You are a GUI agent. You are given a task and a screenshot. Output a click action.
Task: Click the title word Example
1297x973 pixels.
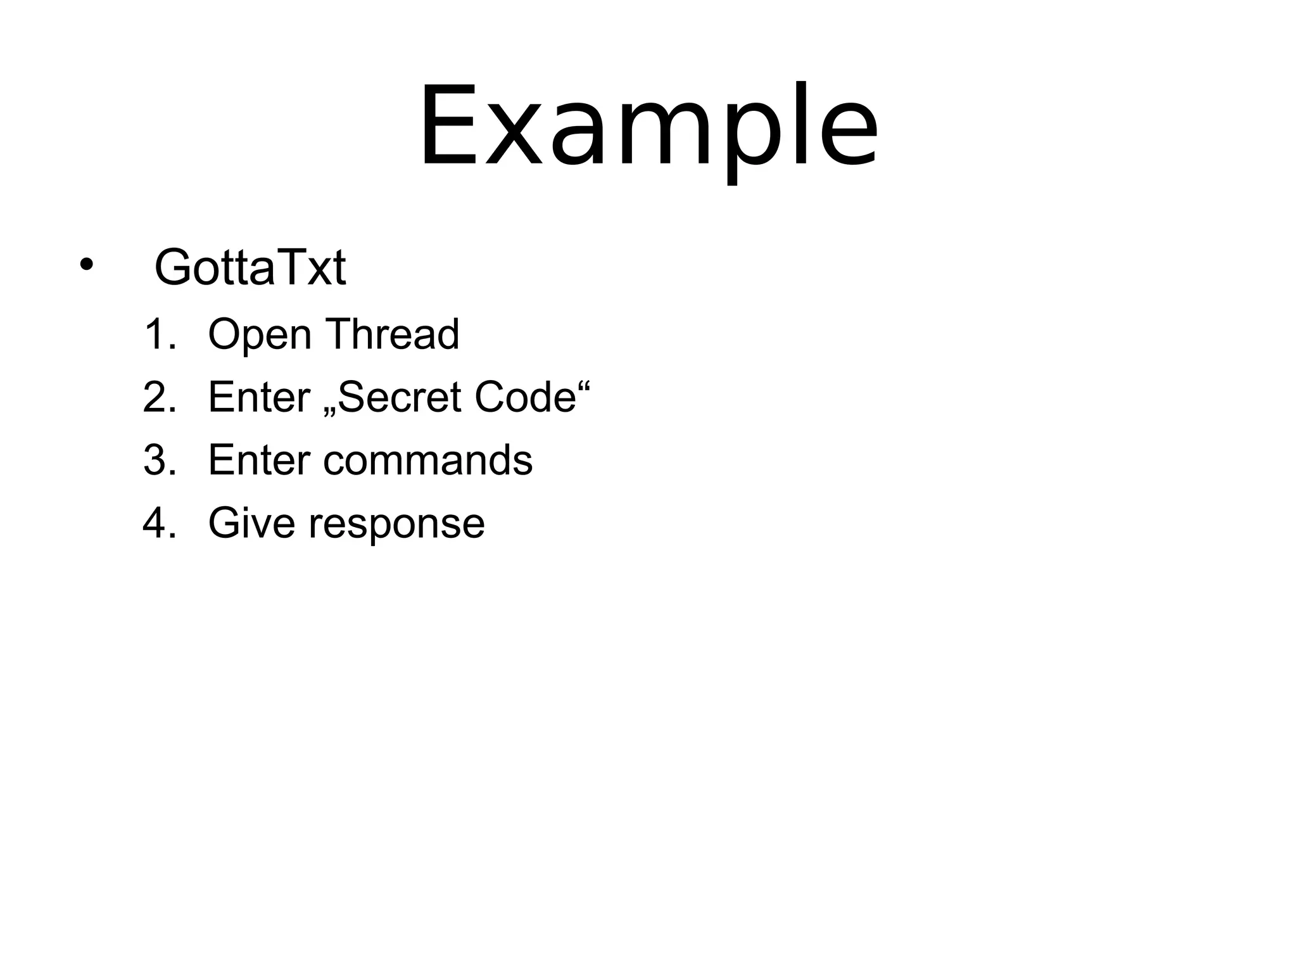coord(648,127)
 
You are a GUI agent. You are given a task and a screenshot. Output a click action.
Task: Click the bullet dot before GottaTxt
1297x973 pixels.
coord(86,264)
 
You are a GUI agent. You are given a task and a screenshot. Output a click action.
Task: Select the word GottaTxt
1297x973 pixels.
coord(250,268)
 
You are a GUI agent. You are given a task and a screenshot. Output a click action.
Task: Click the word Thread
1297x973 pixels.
coord(392,334)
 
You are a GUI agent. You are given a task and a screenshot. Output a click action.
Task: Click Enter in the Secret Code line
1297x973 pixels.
coord(259,397)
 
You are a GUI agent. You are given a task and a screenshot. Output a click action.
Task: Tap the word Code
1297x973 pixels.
coord(525,397)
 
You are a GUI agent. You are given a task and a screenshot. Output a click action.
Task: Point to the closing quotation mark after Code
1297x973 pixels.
coord(585,384)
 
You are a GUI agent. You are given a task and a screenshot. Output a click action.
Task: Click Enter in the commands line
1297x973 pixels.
coord(259,460)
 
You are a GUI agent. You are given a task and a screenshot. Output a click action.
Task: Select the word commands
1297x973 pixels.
coord(428,460)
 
